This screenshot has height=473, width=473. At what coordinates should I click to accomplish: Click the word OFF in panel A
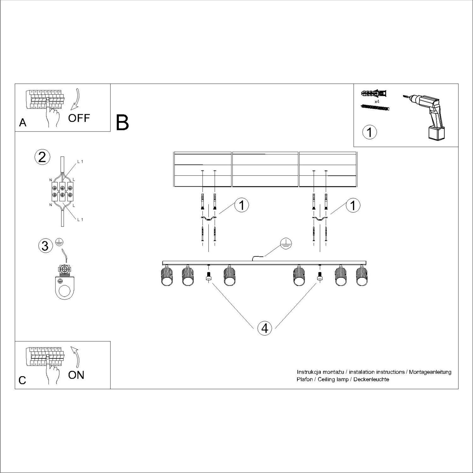click(x=79, y=118)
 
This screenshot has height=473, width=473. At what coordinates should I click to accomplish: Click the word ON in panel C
click(x=76, y=375)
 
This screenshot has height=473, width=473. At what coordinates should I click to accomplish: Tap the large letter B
click(x=122, y=123)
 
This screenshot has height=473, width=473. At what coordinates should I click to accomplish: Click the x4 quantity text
click(x=377, y=102)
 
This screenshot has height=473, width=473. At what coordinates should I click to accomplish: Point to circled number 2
click(x=42, y=157)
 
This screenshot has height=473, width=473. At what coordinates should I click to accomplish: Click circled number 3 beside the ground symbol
click(x=45, y=246)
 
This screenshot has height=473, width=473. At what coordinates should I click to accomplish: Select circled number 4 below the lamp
click(x=265, y=328)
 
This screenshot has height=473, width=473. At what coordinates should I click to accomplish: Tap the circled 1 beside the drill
click(x=370, y=132)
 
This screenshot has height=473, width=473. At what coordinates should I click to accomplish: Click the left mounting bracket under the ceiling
click(x=208, y=219)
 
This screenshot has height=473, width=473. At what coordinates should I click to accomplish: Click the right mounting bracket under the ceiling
click(x=320, y=219)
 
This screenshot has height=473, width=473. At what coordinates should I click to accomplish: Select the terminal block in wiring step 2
click(x=62, y=191)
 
